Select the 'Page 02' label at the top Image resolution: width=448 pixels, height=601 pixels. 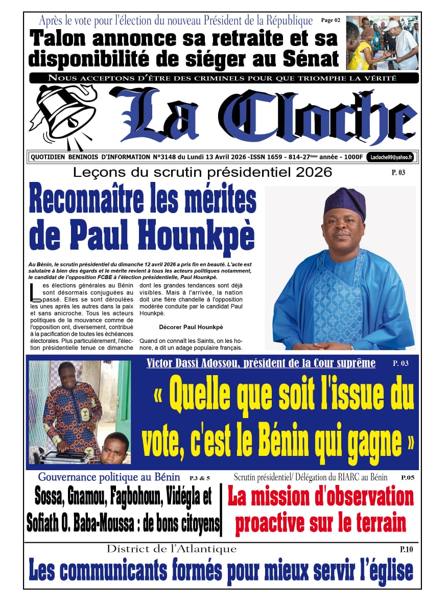(x=331, y=20)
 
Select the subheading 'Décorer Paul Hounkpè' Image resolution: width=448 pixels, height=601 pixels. (x=184, y=327)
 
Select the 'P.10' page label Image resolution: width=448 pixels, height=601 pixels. (x=406, y=549)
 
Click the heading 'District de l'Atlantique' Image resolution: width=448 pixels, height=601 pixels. (x=172, y=549)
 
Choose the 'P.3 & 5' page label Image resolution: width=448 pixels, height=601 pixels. (x=199, y=478)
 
